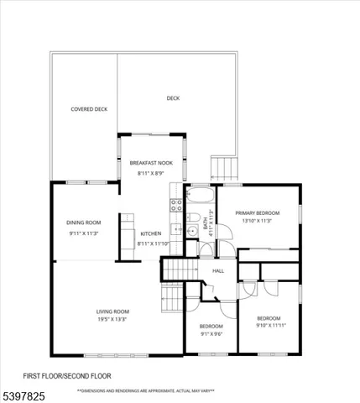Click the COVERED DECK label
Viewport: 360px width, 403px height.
tap(88, 109)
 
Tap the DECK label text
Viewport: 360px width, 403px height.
tap(173, 98)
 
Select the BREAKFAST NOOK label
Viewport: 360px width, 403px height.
tap(151, 162)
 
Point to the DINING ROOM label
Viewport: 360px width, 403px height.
tap(84, 222)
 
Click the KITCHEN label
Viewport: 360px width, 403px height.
tap(151, 233)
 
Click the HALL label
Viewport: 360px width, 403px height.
tap(218, 270)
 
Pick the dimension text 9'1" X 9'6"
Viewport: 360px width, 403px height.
tap(211, 333)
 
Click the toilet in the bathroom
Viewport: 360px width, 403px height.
tap(207, 249)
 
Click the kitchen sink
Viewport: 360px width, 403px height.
tap(176, 229)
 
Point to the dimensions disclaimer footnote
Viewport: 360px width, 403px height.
tap(145, 390)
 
